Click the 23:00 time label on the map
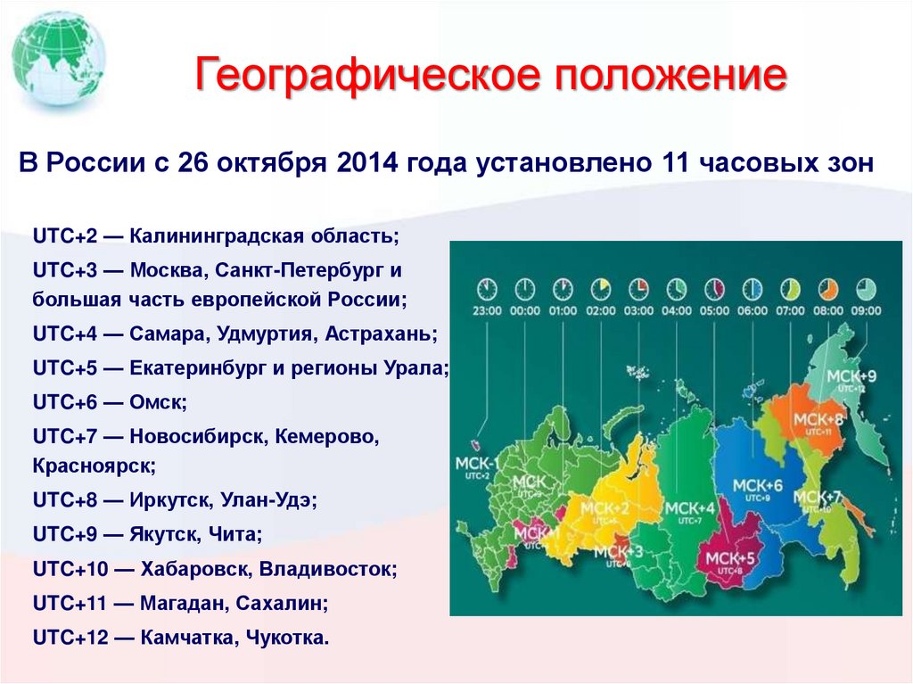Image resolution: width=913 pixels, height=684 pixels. coord(486,312)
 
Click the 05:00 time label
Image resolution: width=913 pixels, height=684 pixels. coord(715,312)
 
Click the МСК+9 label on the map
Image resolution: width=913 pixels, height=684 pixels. coord(851,376)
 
